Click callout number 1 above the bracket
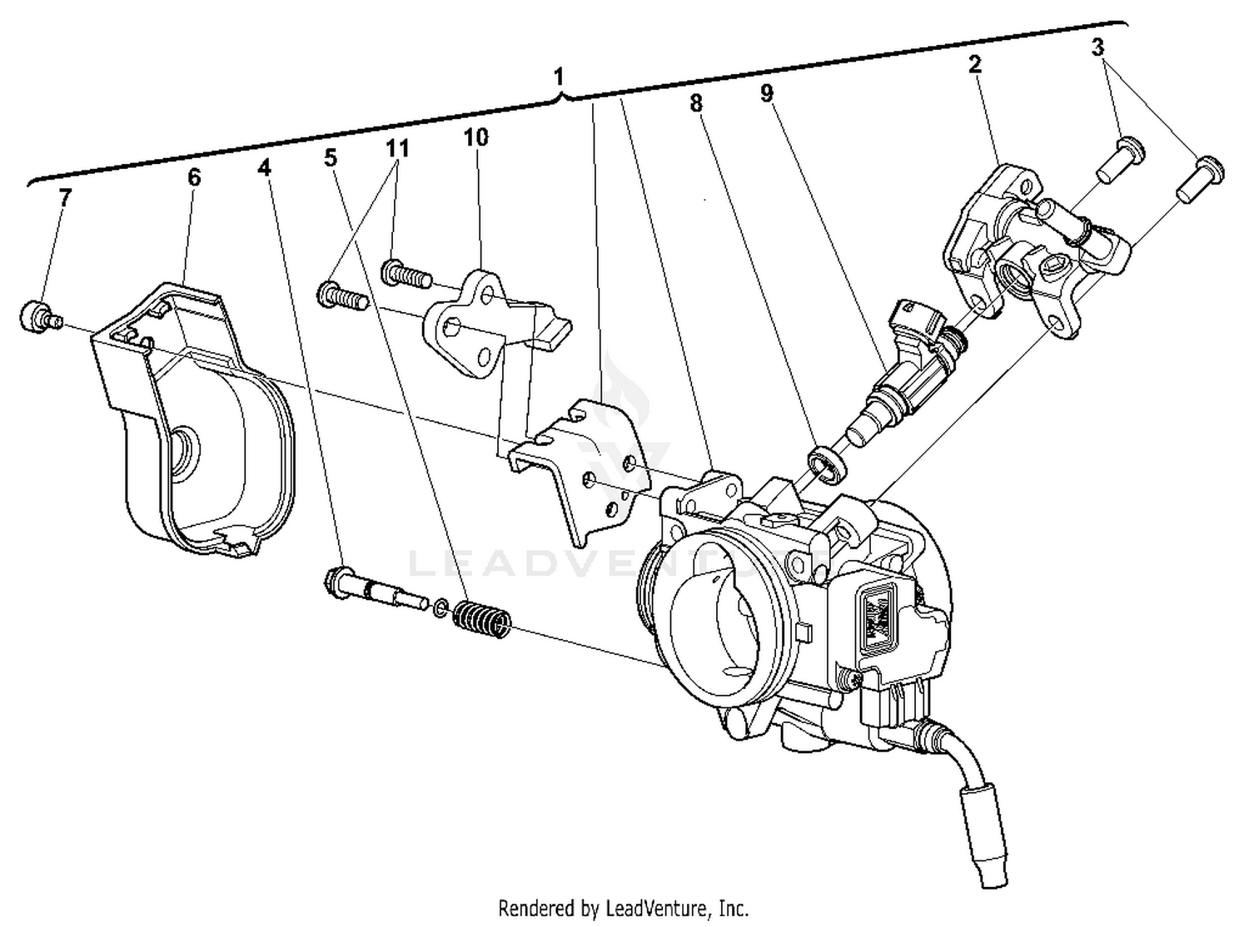point(559,77)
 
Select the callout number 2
point(974,64)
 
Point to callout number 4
point(264,167)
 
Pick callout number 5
point(331,157)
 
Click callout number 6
point(194,176)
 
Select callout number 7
point(65,197)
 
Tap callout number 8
point(695,103)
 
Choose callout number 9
point(766,93)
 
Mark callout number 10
point(475,136)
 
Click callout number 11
point(397,148)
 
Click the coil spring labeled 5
point(481,620)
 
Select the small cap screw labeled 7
point(36,317)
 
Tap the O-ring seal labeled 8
point(826,463)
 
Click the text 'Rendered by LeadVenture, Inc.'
point(623,907)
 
